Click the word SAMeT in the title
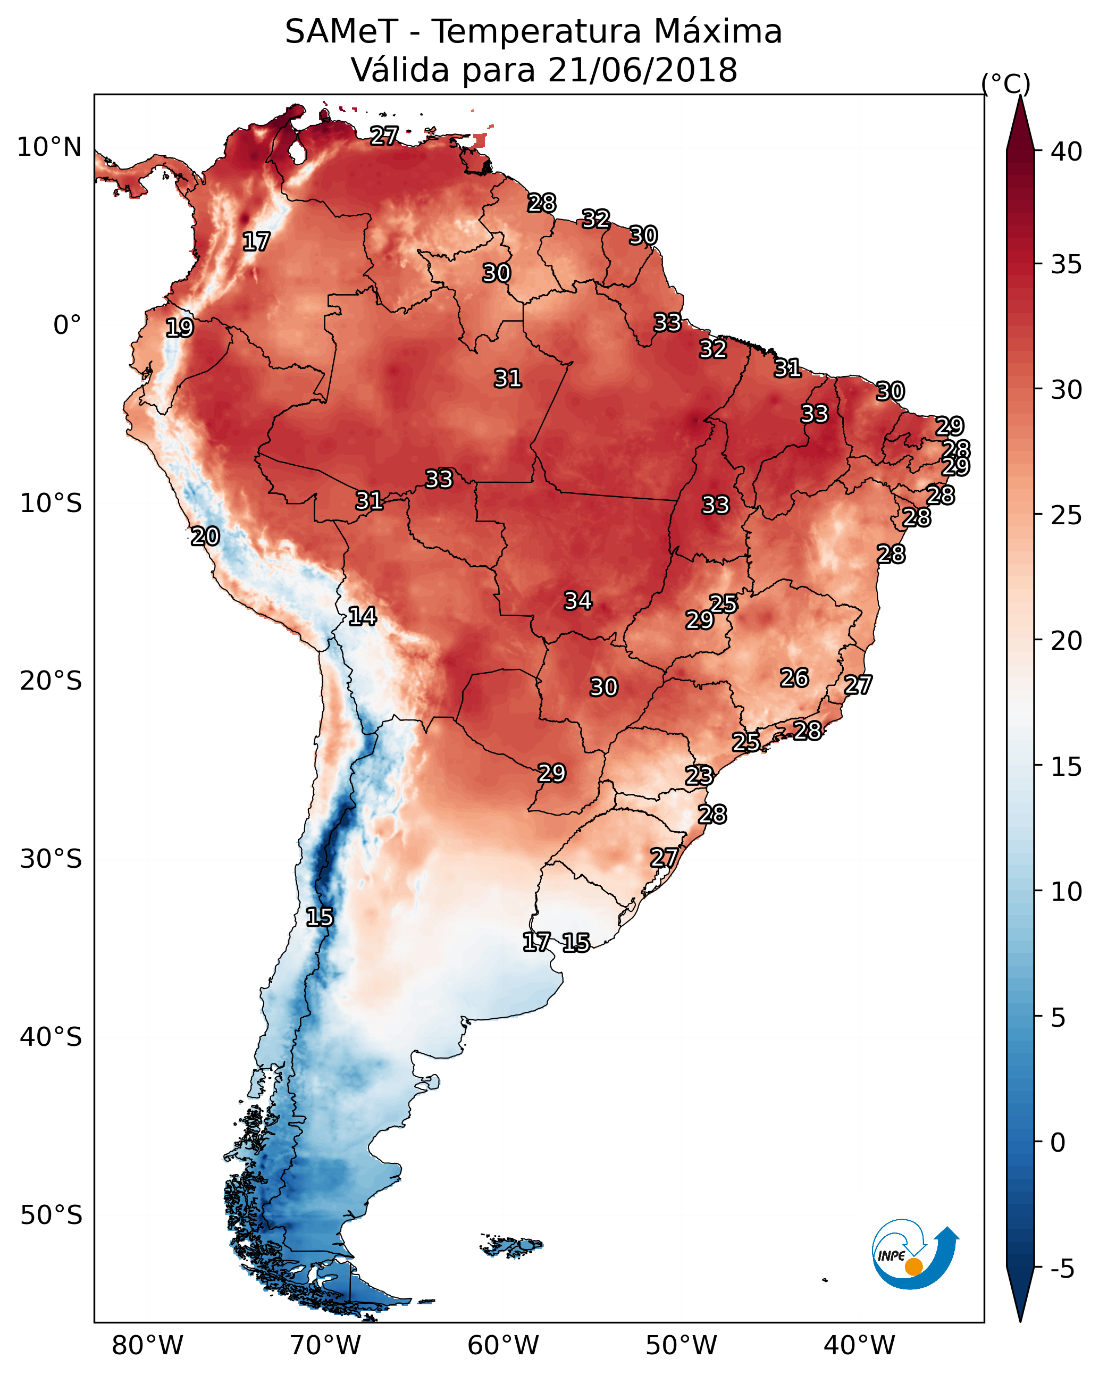pos(341,32)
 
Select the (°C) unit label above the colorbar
pos(1005,83)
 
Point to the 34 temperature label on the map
pos(578,601)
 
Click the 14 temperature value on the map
pos(362,616)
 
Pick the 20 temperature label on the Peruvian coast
pos(205,536)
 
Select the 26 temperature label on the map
pos(794,678)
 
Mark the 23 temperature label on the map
pos(699,776)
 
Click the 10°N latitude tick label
pos(49,147)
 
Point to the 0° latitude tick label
pos(67,325)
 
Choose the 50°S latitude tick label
pos(51,1215)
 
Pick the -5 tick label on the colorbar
pos(1062,1269)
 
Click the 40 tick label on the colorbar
pos(1066,152)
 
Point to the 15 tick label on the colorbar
pos(1066,767)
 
